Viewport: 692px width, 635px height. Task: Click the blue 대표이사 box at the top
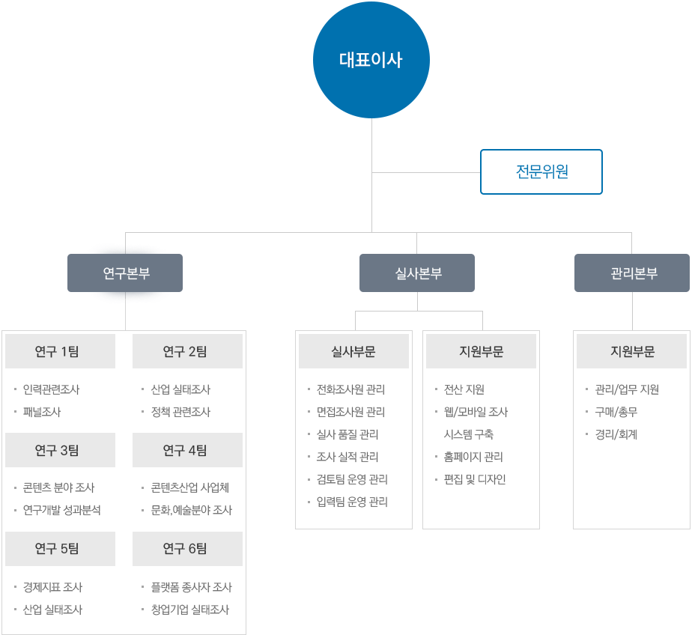tap(371, 60)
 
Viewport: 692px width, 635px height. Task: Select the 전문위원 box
tap(541, 171)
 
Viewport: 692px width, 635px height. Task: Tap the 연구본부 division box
tap(126, 273)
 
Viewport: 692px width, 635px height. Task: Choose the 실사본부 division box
tap(417, 273)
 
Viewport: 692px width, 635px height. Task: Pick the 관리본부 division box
tap(631, 273)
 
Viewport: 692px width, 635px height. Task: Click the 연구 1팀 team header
tap(60, 351)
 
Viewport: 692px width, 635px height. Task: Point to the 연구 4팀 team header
tap(187, 450)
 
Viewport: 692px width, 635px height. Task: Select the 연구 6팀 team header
tap(187, 549)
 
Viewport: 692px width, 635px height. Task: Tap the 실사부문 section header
tap(353, 351)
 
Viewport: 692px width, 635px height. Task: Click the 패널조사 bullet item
tap(42, 412)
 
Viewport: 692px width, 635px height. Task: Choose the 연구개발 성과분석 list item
tap(61, 510)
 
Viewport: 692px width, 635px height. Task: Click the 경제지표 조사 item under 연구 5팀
tap(52, 587)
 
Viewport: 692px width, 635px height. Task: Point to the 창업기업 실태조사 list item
tap(189, 610)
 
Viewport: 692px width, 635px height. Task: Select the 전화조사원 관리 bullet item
tap(350, 389)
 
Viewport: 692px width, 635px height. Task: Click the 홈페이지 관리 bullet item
tap(473, 457)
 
